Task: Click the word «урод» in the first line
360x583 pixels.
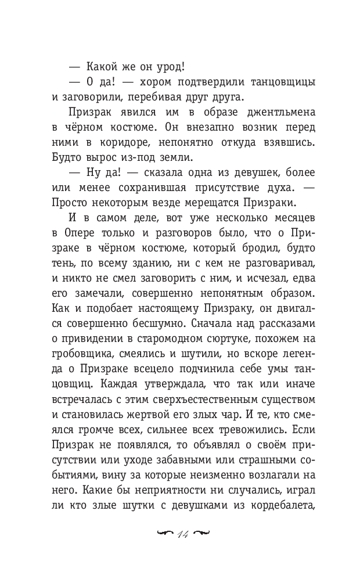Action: coord(168,66)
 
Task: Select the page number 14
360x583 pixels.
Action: coord(180,535)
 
